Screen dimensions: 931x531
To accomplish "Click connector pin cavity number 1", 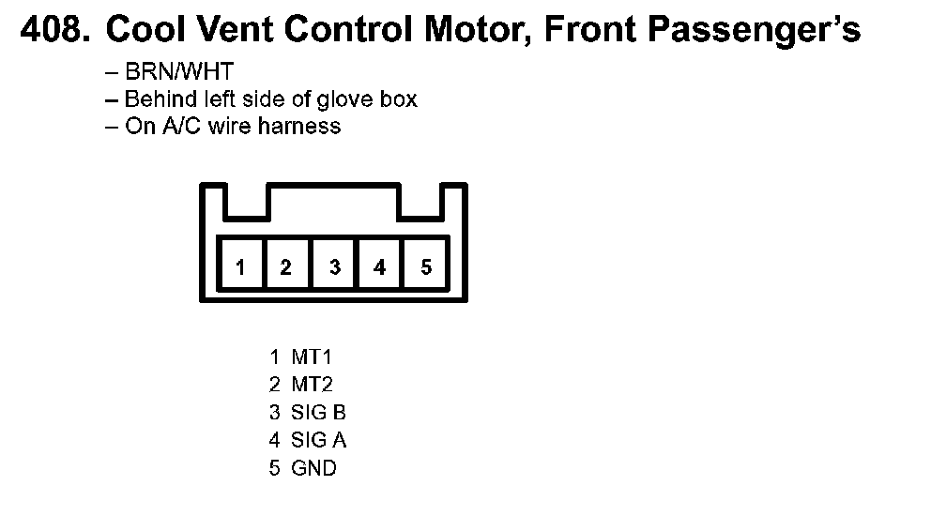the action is [x=241, y=267].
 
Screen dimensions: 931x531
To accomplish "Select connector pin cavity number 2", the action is [x=286, y=267].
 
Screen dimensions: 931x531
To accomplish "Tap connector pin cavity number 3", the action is [x=334, y=267].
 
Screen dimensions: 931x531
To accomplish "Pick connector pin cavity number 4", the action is [x=379, y=267].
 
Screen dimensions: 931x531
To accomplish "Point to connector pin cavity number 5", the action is [x=426, y=267].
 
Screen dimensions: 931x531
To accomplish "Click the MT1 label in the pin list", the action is [x=312, y=357].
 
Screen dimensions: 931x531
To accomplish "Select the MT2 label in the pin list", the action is [x=312, y=384].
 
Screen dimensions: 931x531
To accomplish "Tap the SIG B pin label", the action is [x=319, y=412].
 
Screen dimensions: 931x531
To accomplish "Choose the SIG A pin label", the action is [x=319, y=439].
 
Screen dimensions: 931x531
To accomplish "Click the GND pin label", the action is [x=313, y=467].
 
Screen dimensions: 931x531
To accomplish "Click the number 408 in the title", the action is [x=53, y=31].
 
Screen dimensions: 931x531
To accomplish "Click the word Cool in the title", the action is [x=144, y=31].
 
